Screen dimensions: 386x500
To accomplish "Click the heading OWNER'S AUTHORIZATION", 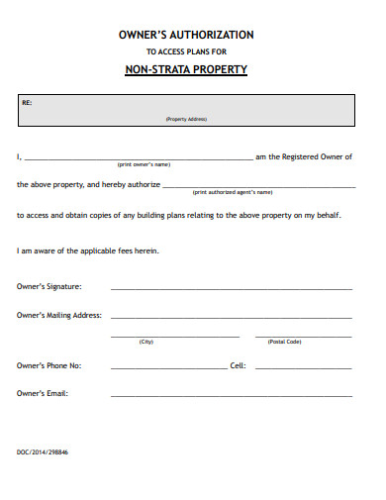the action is [x=186, y=35].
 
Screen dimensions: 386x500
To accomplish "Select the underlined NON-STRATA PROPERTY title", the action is [x=186, y=70].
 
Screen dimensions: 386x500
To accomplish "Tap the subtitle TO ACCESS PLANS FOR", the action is [x=186, y=51].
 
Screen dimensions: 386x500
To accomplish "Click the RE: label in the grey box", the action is [x=27, y=102].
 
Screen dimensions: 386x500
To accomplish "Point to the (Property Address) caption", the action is [x=186, y=120].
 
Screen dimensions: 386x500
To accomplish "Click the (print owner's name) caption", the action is [x=145, y=164].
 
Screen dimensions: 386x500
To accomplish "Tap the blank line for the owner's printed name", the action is [x=139, y=158].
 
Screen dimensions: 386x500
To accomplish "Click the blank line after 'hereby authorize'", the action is [x=257, y=186].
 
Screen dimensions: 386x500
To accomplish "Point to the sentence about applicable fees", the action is [x=88, y=250].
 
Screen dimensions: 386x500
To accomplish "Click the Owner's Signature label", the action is [x=49, y=286].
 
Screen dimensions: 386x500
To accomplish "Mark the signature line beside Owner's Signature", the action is [x=231, y=288].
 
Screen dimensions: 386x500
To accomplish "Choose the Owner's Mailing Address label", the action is [x=59, y=315].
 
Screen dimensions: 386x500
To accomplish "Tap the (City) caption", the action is [x=146, y=342].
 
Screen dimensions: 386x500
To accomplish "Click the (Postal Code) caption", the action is [x=285, y=342].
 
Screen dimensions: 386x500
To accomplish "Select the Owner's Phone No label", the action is [x=49, y=365].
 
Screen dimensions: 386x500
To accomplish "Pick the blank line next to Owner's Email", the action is [x=231, y=395].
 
